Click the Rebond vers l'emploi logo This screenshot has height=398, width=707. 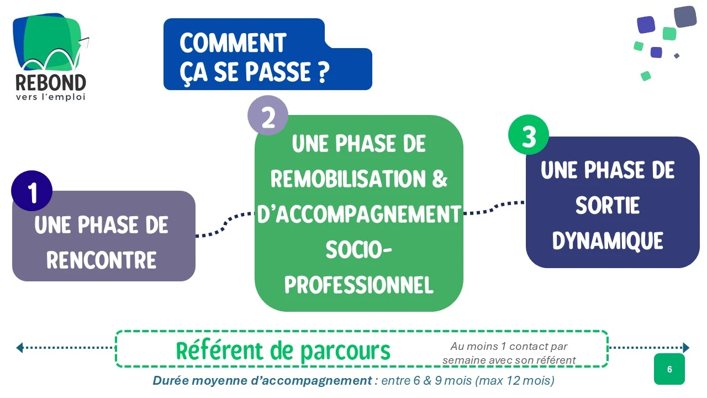click(x=50, y=58)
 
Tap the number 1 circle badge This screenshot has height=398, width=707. click(x=32, y=191)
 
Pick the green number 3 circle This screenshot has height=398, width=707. click(x=529, y=134)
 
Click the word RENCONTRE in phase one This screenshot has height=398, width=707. click(x=102, y=260)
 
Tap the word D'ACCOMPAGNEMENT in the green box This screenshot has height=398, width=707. click(x=359, y=214)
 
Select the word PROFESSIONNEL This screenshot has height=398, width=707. click(x=359, y=285)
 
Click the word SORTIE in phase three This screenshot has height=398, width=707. click(x=608, y=206)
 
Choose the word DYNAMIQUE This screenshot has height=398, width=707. click(x=608, y=241)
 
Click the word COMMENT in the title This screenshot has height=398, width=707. click(x=233, y=43)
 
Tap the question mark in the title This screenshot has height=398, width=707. click(x=324, y=73)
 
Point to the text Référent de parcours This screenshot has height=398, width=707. click(x=283, y=350)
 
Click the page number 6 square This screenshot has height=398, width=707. click(x=669, y=369)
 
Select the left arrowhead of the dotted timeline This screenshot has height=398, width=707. click(x=20, y=348)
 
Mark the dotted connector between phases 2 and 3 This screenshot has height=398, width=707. click(x=494, y=207)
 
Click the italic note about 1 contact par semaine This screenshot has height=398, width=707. click(x=509, y=353)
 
